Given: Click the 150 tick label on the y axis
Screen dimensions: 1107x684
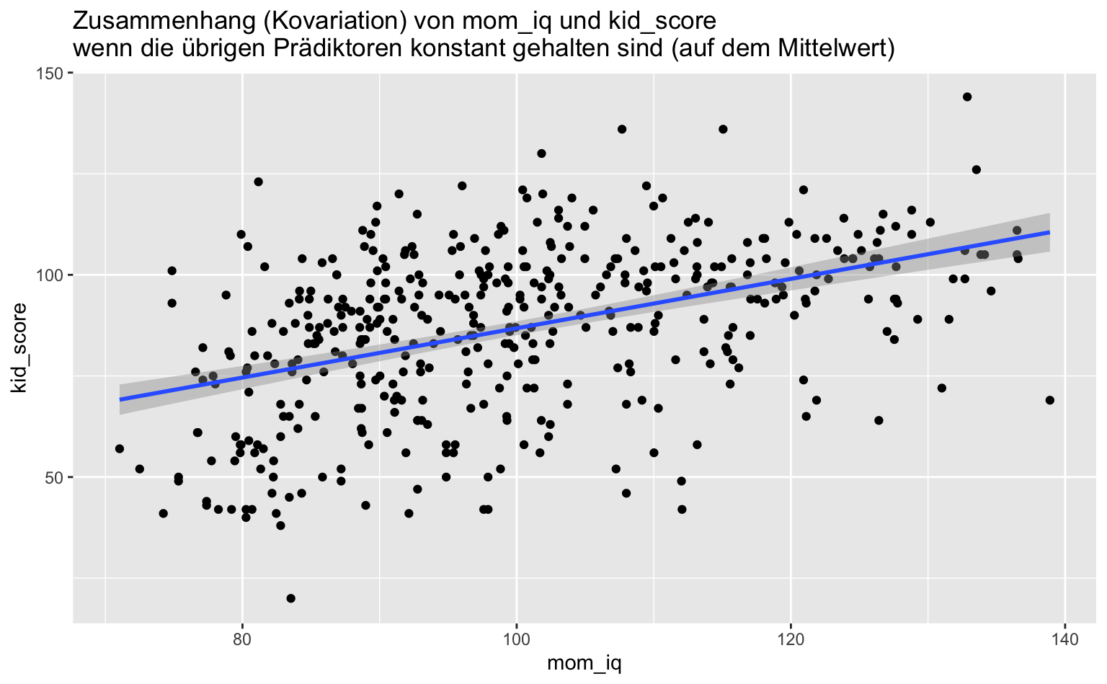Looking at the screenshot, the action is point(50,74).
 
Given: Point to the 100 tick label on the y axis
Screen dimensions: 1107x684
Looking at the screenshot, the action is point(50,275).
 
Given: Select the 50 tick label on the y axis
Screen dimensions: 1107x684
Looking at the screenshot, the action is point(55,477).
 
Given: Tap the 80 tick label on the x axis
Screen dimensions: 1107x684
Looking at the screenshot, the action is point(242,639).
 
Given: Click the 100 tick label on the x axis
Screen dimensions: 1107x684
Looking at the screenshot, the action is point(517,639).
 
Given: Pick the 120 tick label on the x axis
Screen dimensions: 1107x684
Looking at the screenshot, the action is point(791,639).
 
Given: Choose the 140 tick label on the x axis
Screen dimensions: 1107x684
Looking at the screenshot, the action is point(1065,639).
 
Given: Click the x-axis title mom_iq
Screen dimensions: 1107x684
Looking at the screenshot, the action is point(584,664).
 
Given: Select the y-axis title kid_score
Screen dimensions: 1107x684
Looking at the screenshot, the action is point(19,348).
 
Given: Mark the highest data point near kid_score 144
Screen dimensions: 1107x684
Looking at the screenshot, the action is point(967,97).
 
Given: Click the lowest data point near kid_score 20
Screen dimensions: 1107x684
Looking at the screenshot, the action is point(290,598).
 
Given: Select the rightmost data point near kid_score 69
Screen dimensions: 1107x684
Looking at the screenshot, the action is point(1049,400).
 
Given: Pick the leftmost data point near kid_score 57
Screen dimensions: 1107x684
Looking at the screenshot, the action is point(119,449).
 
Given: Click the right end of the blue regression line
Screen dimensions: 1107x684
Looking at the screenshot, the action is point(1049,232).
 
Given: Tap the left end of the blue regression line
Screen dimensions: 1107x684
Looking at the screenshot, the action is point(120,399).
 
